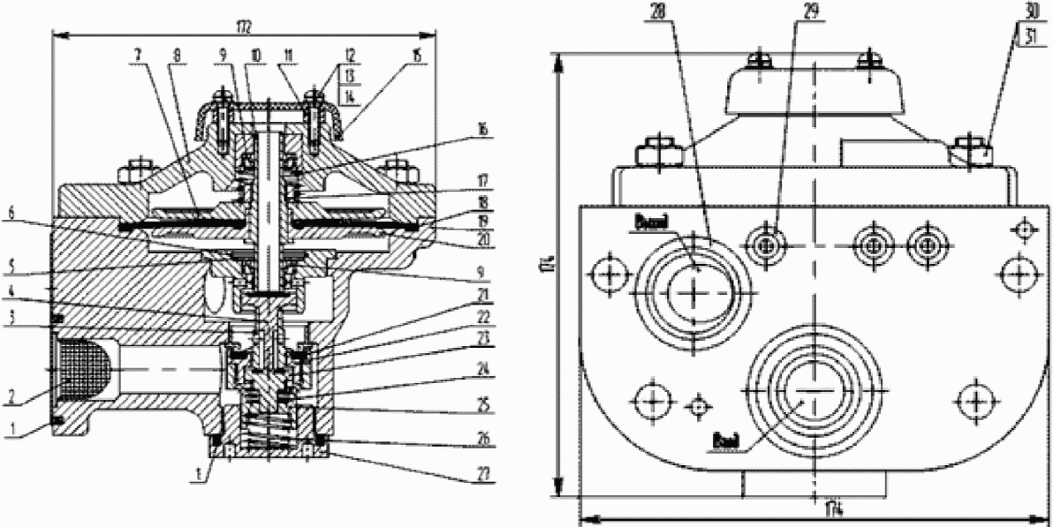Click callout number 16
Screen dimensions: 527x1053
[481, 128]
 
